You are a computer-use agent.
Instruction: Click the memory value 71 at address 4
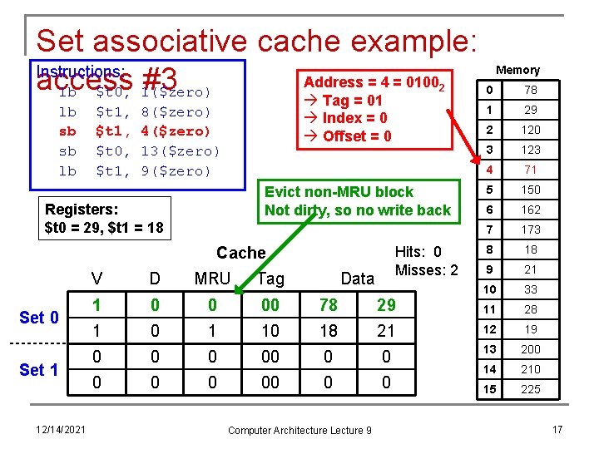(531, 170)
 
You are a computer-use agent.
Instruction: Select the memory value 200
(531, 349)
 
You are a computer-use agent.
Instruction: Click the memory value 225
(531, 389)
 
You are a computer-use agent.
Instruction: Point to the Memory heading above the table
(517, 70)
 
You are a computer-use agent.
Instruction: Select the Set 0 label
(39, 317)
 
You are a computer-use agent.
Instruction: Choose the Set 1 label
(39, 369)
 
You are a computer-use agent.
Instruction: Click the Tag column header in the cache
(270, 279)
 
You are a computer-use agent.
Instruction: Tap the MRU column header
(212, 279)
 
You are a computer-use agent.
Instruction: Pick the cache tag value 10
(270, 331)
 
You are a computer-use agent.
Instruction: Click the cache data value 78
(329, 305)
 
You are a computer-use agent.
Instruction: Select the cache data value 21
(385, 331)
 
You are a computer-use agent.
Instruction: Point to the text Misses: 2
(427, 269)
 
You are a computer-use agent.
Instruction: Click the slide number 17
(557, 429)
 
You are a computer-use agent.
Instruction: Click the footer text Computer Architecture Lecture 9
(299, 430)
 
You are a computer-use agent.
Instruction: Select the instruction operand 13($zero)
(180, 150)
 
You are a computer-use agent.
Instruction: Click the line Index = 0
(354, 118)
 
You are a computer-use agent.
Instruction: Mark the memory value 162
(531, 210)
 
